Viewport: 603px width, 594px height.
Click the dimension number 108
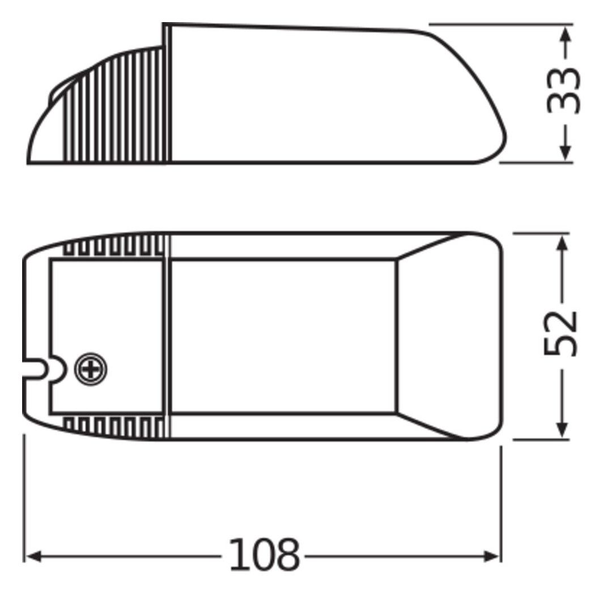tap(264, 555)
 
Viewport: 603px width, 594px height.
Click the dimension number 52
tap(560, 333)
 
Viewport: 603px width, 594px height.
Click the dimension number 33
tap(563, 91)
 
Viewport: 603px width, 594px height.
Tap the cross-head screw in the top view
tap(91, 370)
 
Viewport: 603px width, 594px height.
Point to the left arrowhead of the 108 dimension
tap(33, 556)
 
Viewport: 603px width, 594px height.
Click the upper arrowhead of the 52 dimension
tap(562, 243)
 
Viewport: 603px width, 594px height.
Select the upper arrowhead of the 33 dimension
tap(565, 35)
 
